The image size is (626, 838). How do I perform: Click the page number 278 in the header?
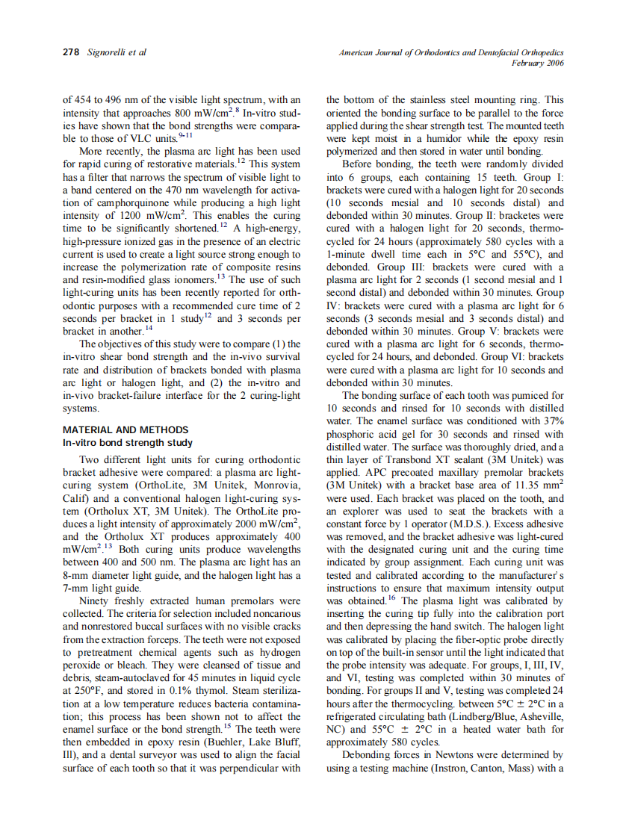[72, 53]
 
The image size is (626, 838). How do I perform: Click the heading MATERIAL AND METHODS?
[125, 430]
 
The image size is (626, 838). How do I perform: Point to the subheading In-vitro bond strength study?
[127, 442]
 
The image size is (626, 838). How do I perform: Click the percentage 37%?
[552, 421]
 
